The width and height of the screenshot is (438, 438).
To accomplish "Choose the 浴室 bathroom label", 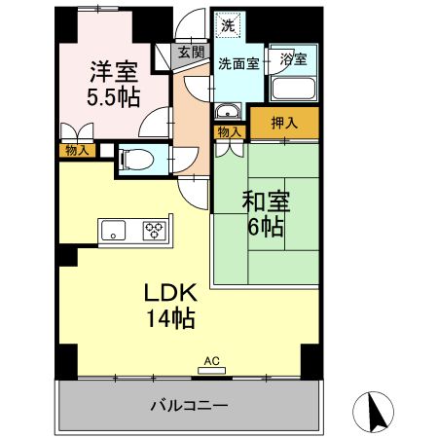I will coord(292,59).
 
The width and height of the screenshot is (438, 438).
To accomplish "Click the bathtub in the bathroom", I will coord(292,89).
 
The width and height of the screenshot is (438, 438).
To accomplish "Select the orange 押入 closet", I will coord(283,123).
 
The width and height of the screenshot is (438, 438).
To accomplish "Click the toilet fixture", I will coord(131,159).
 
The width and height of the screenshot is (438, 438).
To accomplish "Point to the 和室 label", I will coord(264,202).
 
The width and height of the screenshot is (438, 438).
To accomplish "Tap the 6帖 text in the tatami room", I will coord(264,228).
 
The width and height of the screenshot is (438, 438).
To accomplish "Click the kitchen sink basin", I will coord(114,231).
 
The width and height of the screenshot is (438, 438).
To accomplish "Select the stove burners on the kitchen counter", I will coord(154,231).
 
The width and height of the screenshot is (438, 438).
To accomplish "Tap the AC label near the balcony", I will coord(212,361).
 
